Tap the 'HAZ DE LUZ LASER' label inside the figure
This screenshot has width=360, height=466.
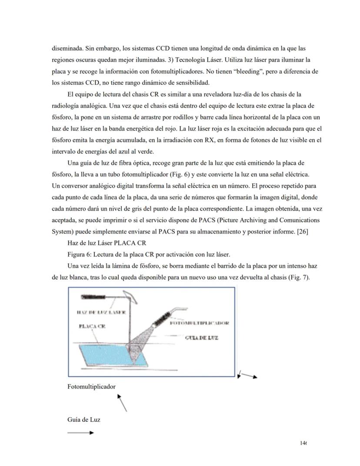[100, 312]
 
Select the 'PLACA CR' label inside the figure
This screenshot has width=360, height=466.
[92, 326]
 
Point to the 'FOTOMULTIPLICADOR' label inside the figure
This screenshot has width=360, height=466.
[199, 323]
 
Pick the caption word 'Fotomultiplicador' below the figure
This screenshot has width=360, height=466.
[92, 386]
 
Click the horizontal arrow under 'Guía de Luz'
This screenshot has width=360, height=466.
[80, 432]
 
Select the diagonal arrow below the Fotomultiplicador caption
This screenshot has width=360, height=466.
[122, 403]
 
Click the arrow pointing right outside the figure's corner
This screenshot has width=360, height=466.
[249, 375]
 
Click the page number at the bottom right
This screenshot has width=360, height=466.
[303, 443]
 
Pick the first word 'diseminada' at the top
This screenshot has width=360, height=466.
[67, 48]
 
